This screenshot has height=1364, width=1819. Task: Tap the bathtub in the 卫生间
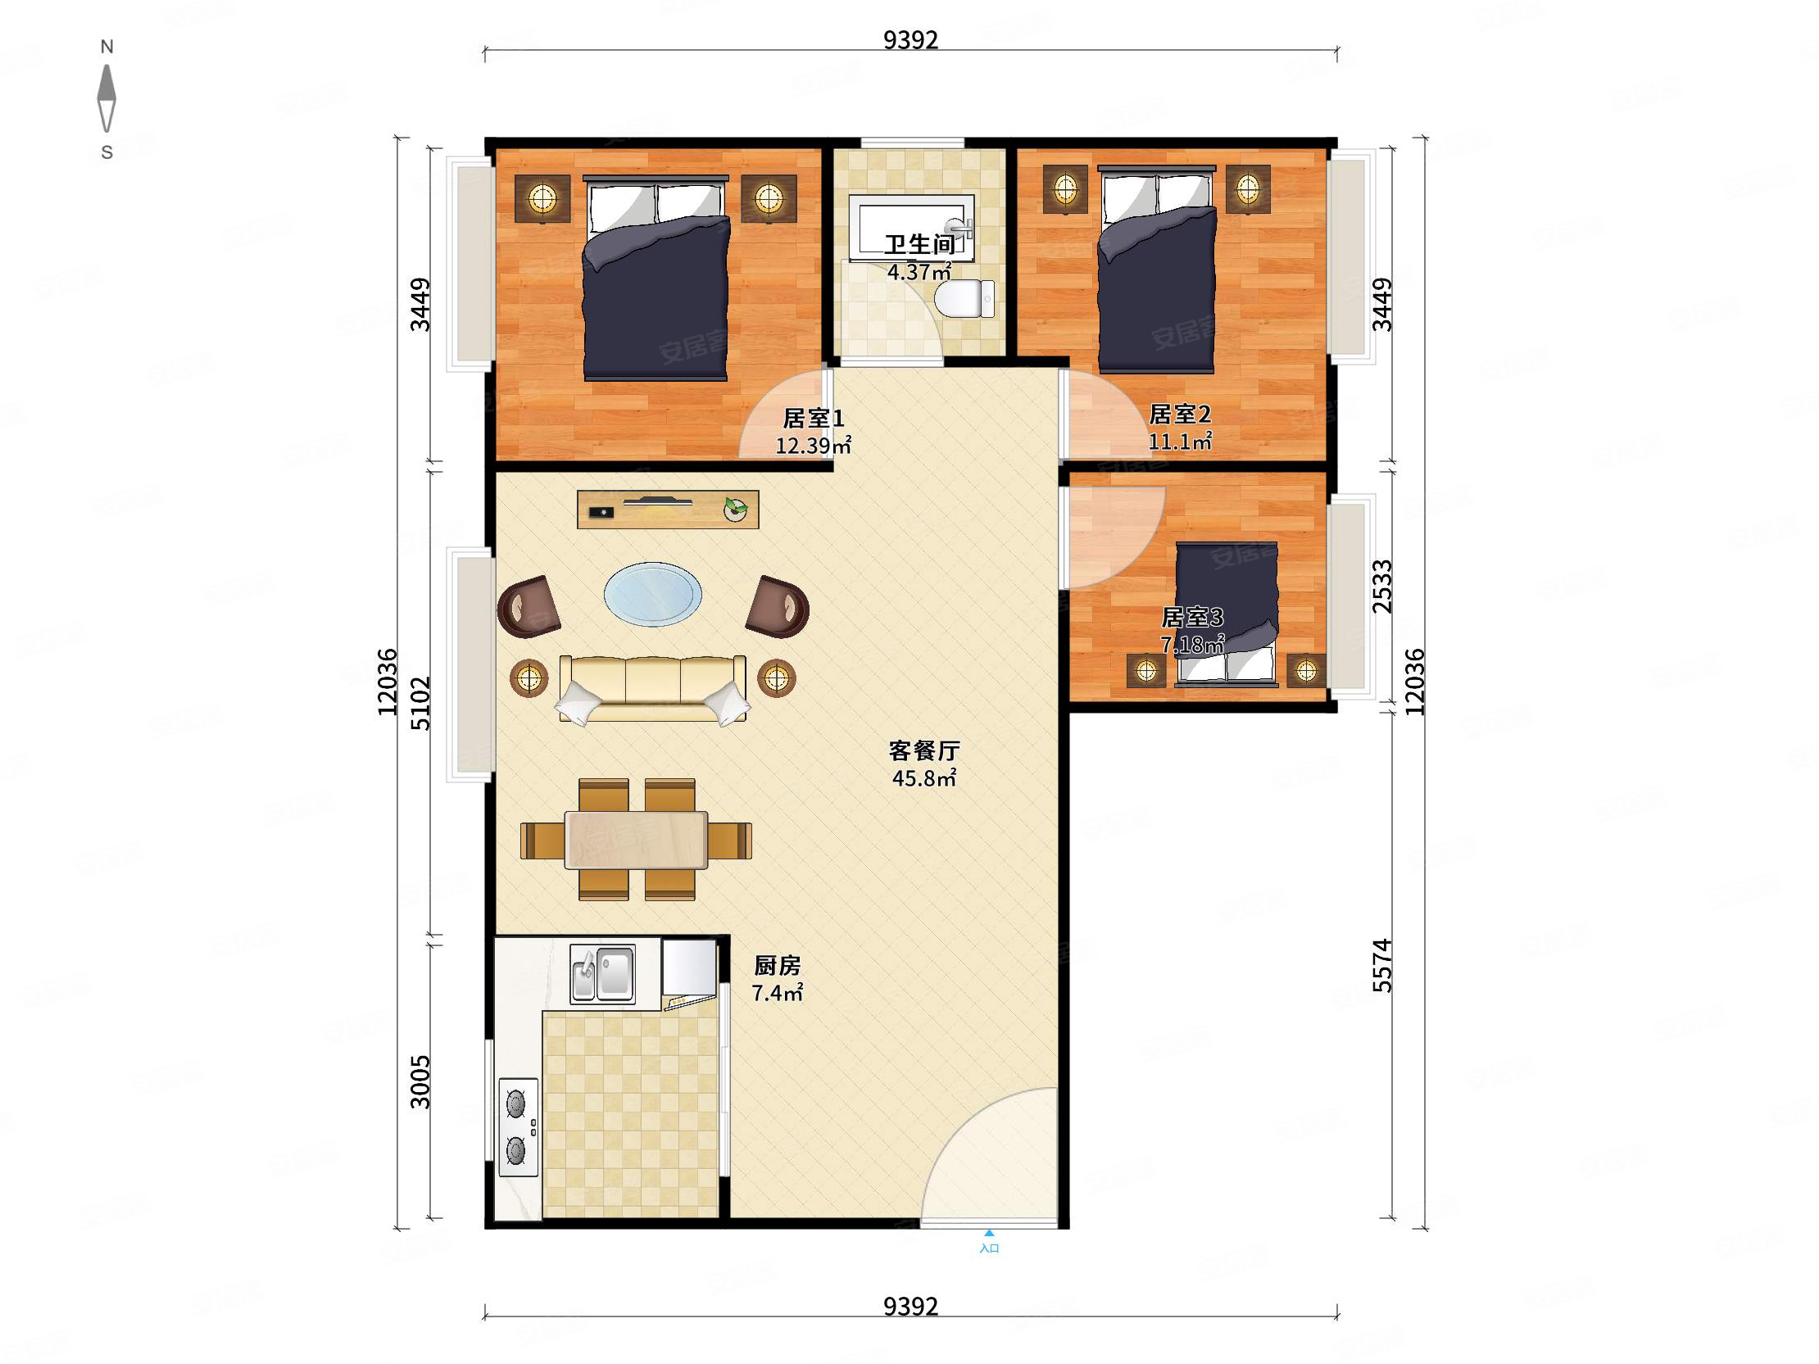(x=911, y=228)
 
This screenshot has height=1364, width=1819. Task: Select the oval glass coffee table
(x=653, y=594)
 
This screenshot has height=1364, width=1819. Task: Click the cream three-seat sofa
(x=653, y=689)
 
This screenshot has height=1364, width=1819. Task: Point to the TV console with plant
(x=668, y=509)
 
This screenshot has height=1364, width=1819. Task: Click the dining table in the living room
(x=636, y=840)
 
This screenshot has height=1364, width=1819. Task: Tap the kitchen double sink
(x=603, y=973)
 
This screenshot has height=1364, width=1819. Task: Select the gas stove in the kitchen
(x=518, y=1126)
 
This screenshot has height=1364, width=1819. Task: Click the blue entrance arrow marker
(x=989, y=1232)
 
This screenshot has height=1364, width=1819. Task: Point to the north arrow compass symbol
(x=107, y=97)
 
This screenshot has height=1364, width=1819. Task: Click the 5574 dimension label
(x=1382, y=965)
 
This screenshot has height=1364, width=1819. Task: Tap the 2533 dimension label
(x=1382, y=587)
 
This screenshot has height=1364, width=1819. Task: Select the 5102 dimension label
(x=420, y=703)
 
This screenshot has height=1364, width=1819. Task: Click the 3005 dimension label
(x=420, y=1082)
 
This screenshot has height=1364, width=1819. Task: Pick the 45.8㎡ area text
(x=924, y=777)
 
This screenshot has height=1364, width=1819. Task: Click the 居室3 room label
(x=1192, y=617)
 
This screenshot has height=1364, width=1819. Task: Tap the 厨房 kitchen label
(x=777, y=965)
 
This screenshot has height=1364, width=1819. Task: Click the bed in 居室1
(x=655, y=278)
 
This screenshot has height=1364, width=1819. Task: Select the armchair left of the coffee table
(x=528, y=607)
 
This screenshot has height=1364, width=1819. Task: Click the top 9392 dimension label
(x=910, y=39)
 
